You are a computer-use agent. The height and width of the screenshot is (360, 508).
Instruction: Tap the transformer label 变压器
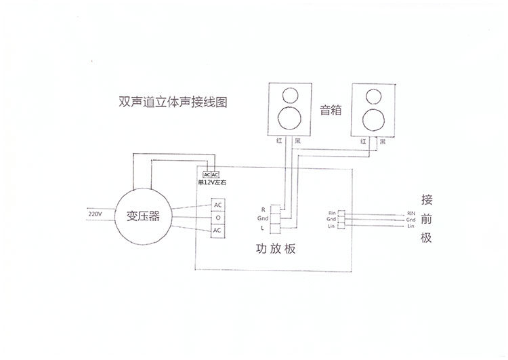[x=142, y=216]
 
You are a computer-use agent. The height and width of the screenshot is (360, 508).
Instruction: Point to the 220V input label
[x=95, y=214]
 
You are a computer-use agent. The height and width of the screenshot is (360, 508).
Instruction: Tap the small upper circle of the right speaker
[x=372, y=94]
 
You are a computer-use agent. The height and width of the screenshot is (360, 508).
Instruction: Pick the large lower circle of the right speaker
[x=372, y=119]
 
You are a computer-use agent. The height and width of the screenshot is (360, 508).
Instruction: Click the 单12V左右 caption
[x=211, y=182]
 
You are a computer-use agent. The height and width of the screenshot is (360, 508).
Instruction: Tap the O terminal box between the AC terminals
[x=217, y=218]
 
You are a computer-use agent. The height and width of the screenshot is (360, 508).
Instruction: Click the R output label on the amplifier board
[x=263, y=209]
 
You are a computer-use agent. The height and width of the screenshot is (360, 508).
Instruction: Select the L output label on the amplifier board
[x=263, y=228]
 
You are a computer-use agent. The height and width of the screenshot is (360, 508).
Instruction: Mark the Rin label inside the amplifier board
[x=332, y=213]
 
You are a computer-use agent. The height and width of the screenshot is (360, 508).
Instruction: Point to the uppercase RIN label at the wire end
[x=410, y=213]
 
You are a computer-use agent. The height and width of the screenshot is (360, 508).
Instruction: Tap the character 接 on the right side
[x=426, y=200]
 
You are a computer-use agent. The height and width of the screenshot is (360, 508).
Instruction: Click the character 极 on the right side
[x=426, y=238]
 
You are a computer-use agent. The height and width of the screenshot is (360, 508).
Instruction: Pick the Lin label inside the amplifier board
[x=332, y=226]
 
